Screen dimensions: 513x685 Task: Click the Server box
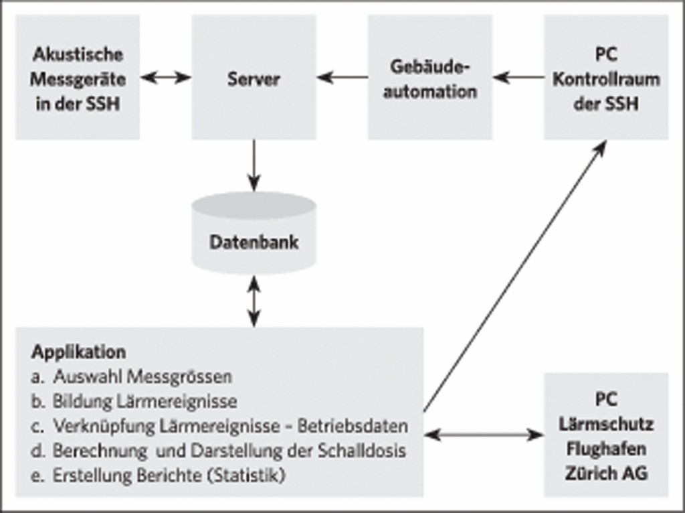click(x=254, y=78)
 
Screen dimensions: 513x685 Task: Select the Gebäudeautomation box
click(x=429, y=78)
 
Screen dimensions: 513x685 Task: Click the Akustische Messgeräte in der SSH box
click(x=78, y=78)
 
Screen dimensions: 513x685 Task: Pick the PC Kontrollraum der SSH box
click(x=606, y=78)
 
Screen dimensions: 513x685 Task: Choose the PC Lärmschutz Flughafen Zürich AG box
click(x=606, y=435)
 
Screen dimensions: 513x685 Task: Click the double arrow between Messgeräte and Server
click(x=166, y=78)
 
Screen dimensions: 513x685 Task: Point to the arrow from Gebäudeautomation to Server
click(x=342, y=78)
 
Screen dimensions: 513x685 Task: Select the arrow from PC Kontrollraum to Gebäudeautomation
click(x=518, y=78)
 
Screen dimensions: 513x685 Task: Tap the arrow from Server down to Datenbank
click(x=254, y=165)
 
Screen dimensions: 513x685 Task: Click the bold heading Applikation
click(x=78, y=352)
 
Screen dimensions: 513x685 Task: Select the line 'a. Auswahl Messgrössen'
click(x=131, y=377)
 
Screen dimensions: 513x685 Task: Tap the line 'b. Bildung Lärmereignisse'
click(x=134, y=402)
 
